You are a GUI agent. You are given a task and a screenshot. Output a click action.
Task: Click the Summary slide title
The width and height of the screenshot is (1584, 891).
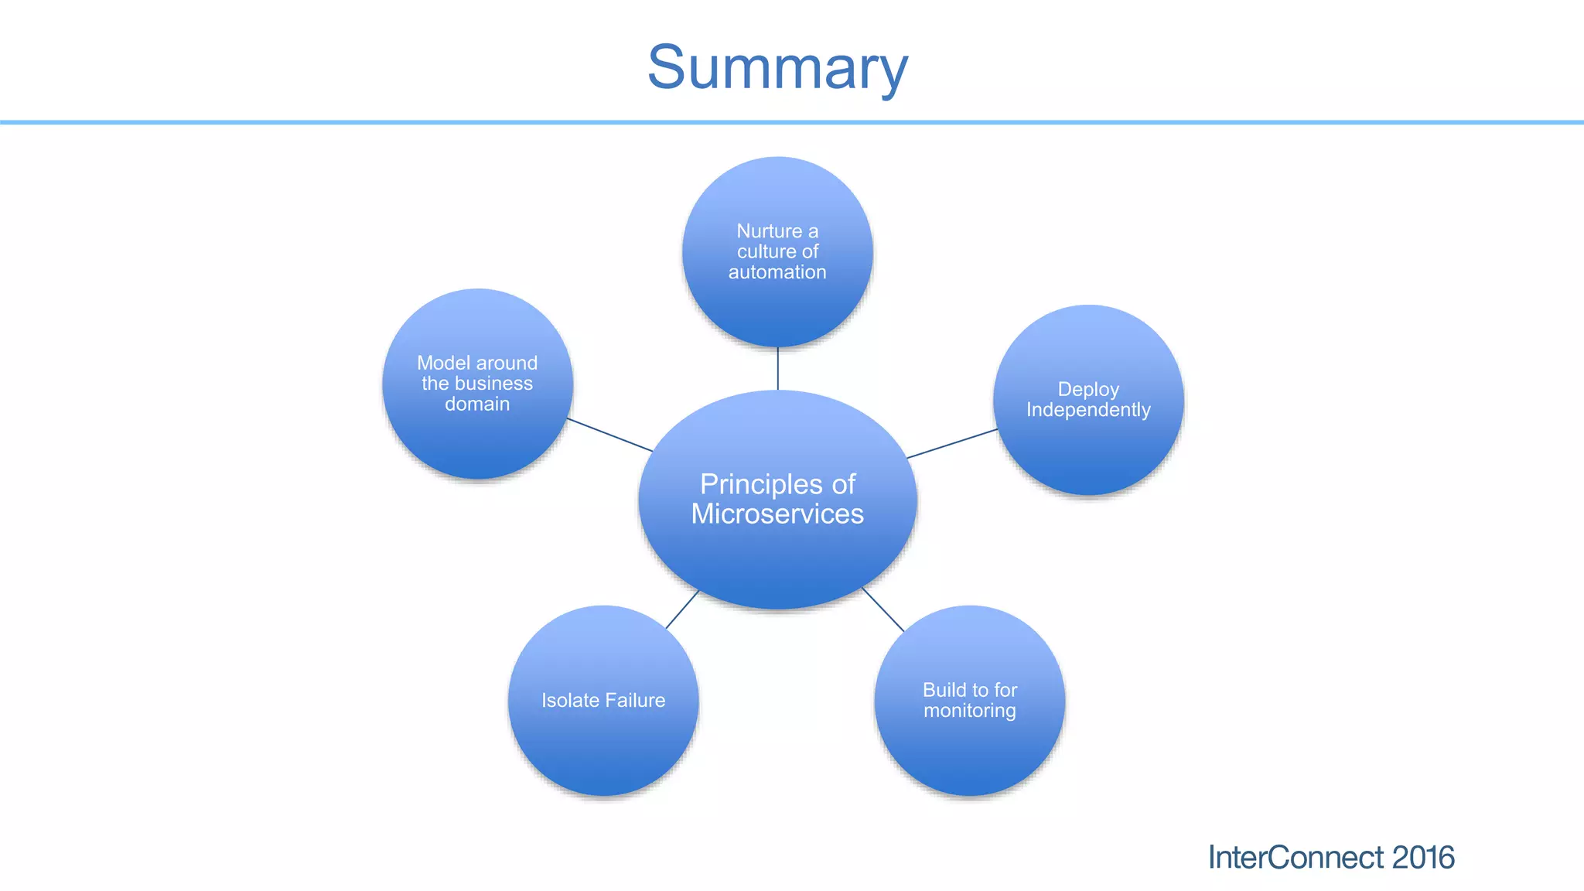point(777,68)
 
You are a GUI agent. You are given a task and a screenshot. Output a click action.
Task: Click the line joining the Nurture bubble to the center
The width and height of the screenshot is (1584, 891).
point(778,369)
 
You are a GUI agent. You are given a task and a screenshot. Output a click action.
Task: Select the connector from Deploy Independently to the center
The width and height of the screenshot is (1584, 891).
point(952,444)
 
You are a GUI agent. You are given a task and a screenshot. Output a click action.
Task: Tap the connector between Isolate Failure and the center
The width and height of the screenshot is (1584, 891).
point(682,609)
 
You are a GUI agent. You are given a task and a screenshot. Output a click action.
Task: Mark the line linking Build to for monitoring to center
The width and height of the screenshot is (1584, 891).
point(883,609)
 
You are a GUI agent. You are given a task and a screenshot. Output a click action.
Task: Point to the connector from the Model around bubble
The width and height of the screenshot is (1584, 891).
point(609,435)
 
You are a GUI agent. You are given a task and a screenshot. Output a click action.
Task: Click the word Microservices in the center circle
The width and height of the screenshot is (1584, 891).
point(777,514)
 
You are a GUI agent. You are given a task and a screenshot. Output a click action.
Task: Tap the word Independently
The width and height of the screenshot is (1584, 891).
point(1088,410)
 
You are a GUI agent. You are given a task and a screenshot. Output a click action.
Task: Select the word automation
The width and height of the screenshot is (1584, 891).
point(777,272)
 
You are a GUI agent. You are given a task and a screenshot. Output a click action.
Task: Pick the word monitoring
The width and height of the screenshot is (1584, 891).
point(970,711)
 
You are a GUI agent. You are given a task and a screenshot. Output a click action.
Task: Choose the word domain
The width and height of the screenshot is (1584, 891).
point(477,405)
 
